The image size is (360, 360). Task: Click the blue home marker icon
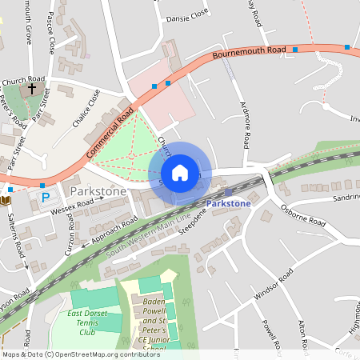(180, 172)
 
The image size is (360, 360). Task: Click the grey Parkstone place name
(98, 192)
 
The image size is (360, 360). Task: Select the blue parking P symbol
(45, 197)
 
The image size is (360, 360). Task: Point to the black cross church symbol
(32, 88)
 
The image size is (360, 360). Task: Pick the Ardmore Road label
(244, 122)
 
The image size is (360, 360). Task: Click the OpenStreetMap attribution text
(81, 354)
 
